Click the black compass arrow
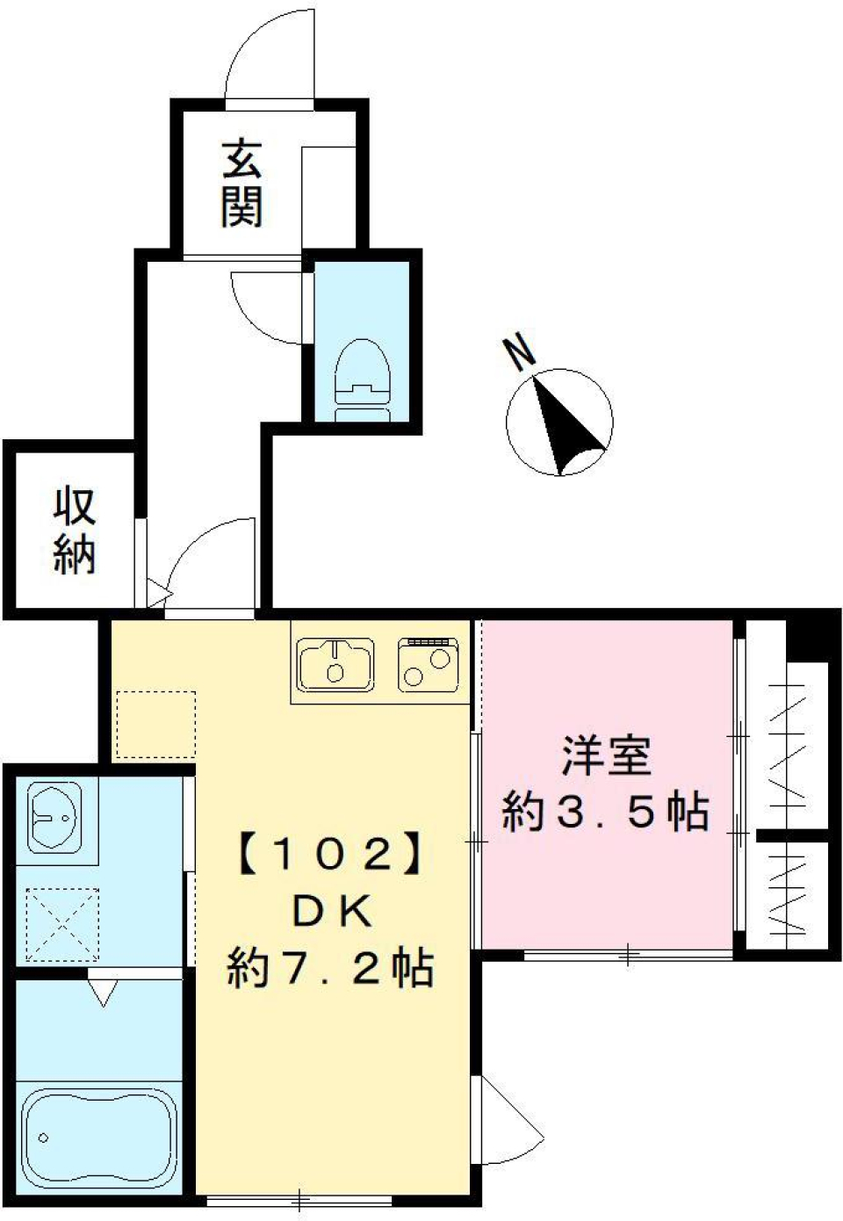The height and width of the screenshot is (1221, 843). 566,427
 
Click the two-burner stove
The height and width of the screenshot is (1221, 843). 428,664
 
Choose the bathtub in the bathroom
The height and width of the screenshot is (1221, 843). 96,1133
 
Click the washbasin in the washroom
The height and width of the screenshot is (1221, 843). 54,817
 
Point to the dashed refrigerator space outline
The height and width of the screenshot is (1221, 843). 155,724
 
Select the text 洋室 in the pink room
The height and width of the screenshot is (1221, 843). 607,757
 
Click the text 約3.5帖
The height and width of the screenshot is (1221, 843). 605,812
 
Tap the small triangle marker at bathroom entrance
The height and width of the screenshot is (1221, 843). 103,992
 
